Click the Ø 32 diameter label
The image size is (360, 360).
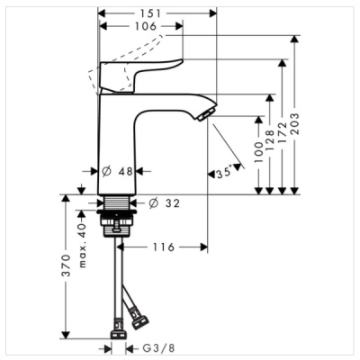coord(165,203)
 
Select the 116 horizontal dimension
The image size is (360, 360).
coord(162,246)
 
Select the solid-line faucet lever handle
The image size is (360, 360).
coord(144,73)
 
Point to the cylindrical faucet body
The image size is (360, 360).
coord(115,144)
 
